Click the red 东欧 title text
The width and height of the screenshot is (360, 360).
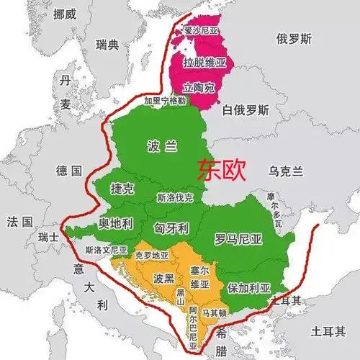coord(222,169)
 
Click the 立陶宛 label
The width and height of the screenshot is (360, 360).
coord(199,88)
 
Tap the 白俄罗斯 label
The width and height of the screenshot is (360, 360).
coord(246,111)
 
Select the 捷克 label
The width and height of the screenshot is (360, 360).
coord(121,188)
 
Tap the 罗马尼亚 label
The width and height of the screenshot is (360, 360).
coord(238,238)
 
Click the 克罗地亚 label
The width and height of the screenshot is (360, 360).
coord(151,256)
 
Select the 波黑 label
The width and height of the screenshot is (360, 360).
coord(164,277)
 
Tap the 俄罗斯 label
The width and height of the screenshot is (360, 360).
coord(294,38)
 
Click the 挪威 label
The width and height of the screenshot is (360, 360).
coord(63,13)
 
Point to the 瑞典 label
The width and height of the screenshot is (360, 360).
coord(109,45)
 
